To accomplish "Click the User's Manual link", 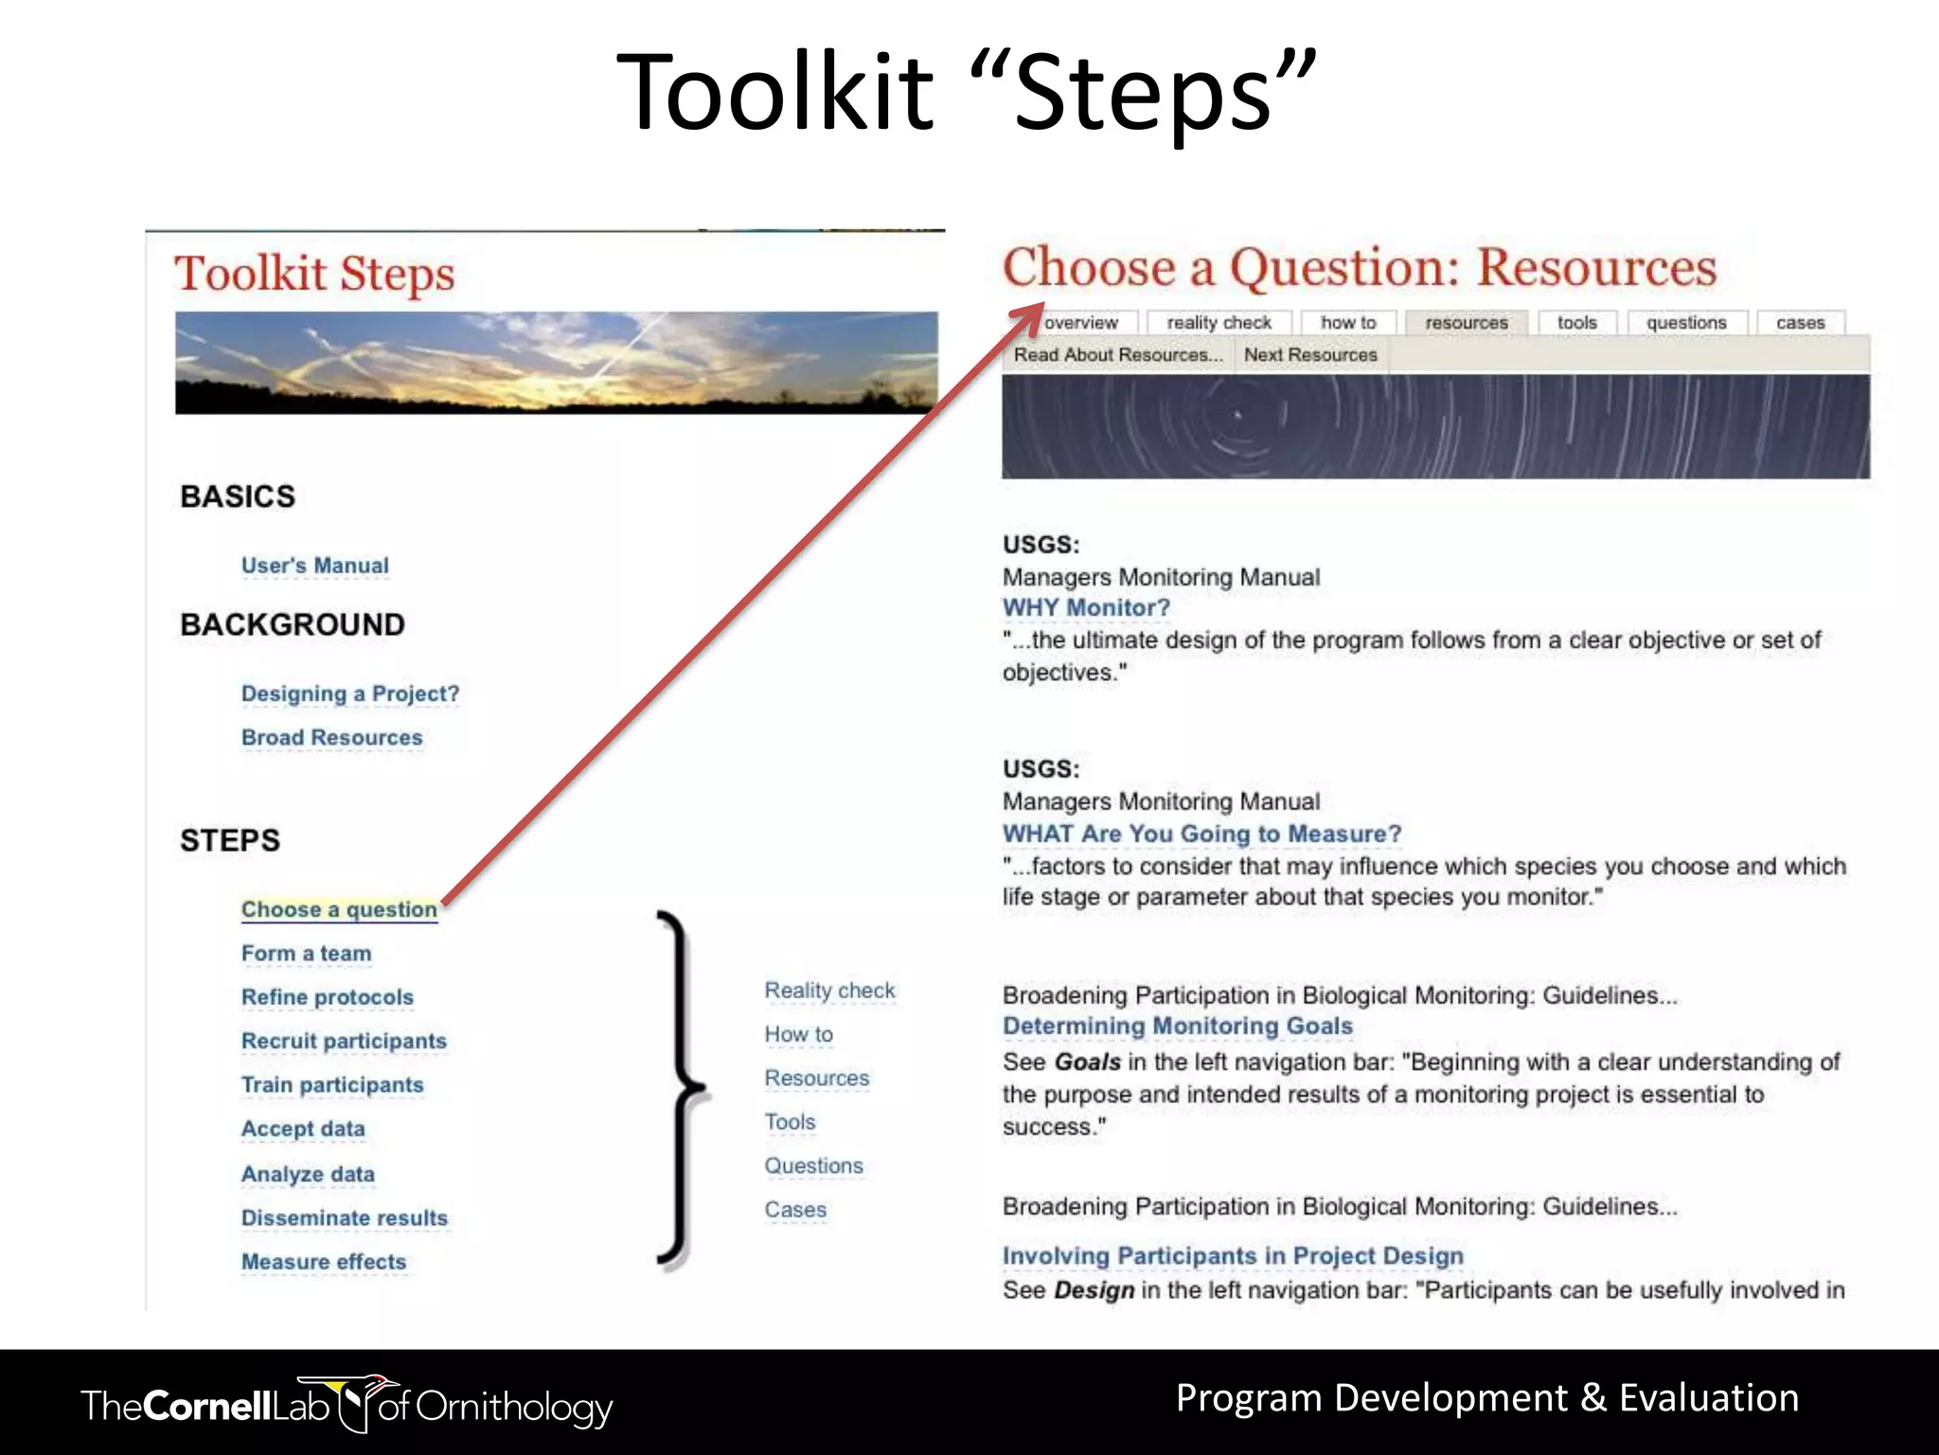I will pyautogui.click(x=314, y=566).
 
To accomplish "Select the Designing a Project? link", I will pyautogui.click(x=349, y=693).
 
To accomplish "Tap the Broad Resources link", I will pyautogui.click(x=331, y=737).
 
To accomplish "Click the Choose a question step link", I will pyautogui.click(x=339, y=909).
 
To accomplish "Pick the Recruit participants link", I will pyautogui.click(x=344, y=1041).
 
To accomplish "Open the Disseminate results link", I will pyautogui.click(x=344, y=1218).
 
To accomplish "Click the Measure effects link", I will pyautogui.click(x=323, y=1262).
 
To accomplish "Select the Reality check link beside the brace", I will pyautogui.click(x=829, y=991).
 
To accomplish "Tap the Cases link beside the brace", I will pyautogui.click(x=795, y=1211).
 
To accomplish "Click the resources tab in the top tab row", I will pyautogui.click(x=1466, y=323).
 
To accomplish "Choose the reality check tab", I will pyautogui.click(x=1219, y=323).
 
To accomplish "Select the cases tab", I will pyautogui.click(x=1800, y=323).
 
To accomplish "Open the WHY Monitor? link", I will pyautogui.click(x=1086, y=608).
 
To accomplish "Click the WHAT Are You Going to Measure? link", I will pyautogui.click(x=1201, y=834).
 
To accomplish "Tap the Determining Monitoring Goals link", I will pyautogui.click(x=1177, y=1026).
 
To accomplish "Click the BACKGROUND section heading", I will pyautogui.click(x=292, y=625).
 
